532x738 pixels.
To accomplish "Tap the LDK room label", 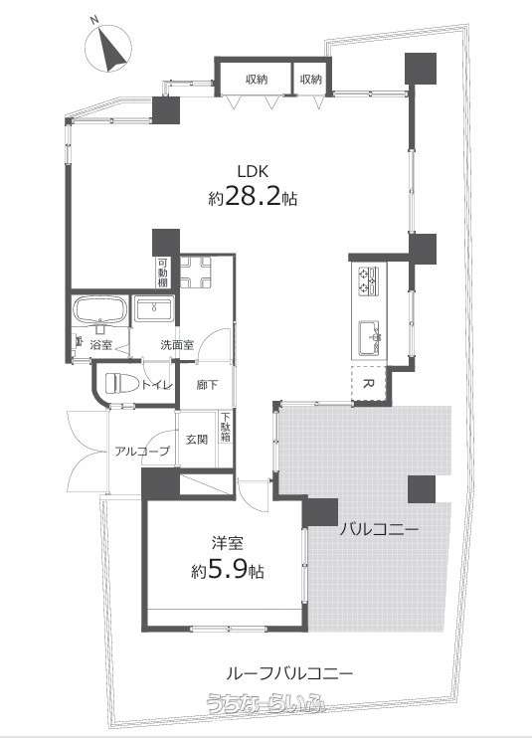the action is [x=253, y=171].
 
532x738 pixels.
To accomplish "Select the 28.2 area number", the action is [x=253, y=196].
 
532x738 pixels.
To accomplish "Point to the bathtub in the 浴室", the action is [x=100, y=310].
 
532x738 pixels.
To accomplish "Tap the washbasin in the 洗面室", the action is [x=154, y=308].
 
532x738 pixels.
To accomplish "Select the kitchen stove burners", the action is [x=368, y=280].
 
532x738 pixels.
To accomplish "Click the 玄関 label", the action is [x=197, y=440].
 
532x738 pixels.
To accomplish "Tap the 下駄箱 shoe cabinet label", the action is [x=226, y=428].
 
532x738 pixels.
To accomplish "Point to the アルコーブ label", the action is [x=141, y=452].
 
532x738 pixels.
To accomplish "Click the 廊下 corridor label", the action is [x=207, y=385].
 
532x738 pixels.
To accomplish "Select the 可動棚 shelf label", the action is [x=163, y=273].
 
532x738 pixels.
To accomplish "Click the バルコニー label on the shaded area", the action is [x=379, y=530].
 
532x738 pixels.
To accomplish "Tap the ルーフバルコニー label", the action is [x=289, y=674].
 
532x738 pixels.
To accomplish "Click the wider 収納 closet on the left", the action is [x=257, y=80].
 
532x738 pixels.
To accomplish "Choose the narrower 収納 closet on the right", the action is [x=311, y=80].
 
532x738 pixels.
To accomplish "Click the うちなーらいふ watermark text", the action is [x=266, y=702].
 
